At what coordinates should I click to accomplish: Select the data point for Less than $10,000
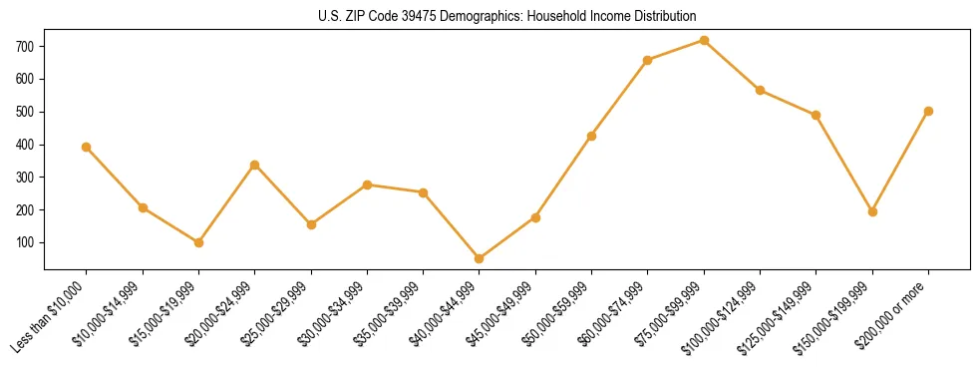tap(87, 147)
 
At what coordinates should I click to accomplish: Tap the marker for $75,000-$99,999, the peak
tap(704, 41)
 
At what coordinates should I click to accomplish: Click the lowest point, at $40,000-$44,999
tap(480, 258)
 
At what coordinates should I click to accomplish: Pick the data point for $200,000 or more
tap(928, 111)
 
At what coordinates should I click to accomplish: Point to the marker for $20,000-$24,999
tap(255, 165)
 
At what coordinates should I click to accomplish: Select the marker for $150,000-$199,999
tap(872, 211)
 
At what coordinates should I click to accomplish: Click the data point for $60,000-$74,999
tap(648, 60)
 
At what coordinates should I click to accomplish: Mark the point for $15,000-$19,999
tap(198, 242)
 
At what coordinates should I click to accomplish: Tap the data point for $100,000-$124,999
tap(760, 90)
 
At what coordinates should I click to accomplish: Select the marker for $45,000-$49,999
tap(535, 217)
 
